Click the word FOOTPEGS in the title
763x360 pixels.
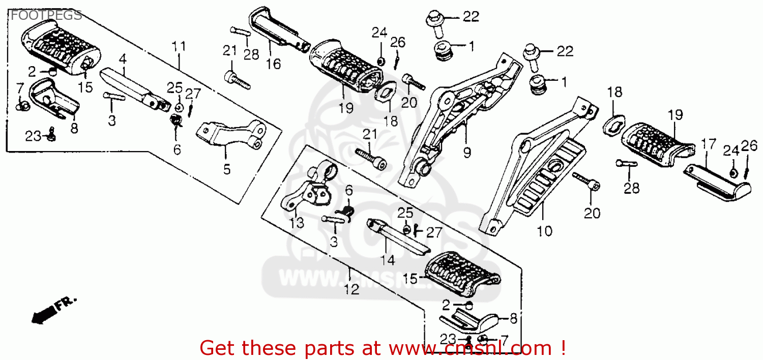46,15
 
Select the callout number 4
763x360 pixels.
122,59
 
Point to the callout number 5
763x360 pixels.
227,169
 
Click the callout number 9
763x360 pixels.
467,152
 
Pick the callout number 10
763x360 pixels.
544,231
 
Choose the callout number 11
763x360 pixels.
179,47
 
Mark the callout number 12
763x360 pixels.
351,289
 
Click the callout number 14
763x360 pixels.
387,260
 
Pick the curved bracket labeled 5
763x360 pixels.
229,135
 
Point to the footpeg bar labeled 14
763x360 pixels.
397,236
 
